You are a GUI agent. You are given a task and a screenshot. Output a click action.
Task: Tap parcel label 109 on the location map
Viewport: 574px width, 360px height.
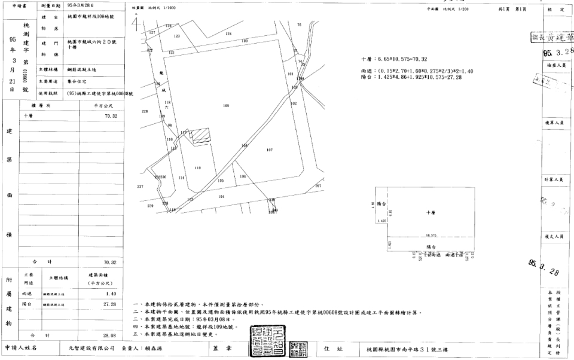click(226, 106)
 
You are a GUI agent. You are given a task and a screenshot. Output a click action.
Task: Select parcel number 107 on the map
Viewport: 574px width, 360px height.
click(270, 150)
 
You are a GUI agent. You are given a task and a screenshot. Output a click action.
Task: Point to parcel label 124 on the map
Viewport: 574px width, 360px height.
click(228, 34)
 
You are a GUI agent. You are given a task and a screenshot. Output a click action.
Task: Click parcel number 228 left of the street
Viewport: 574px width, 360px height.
click(144, 112)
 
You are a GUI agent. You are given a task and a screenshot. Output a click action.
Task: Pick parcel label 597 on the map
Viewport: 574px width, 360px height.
click(318, 186)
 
